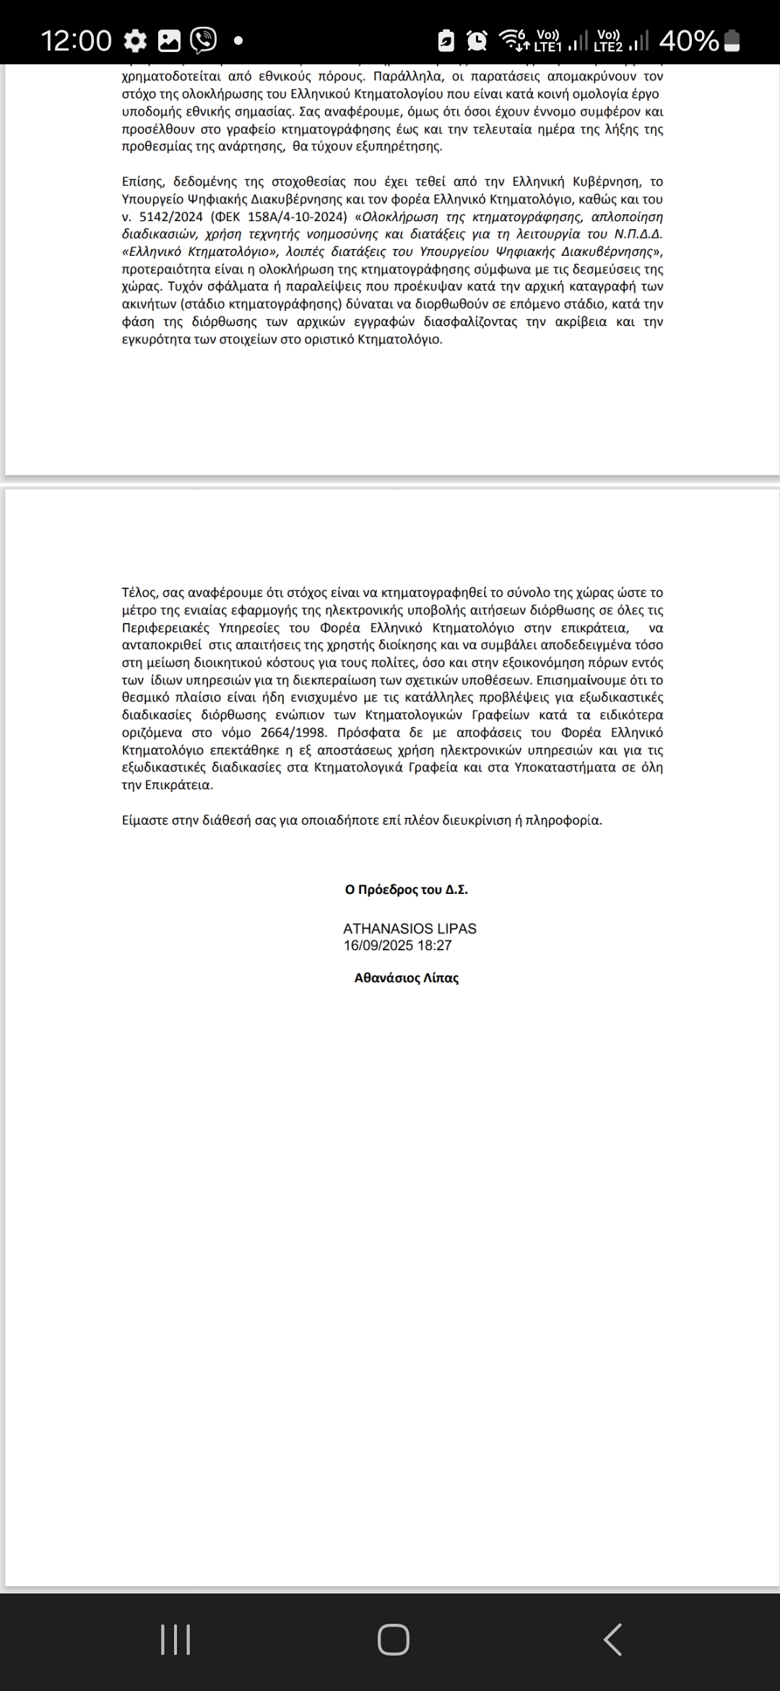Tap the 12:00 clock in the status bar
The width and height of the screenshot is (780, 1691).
pos(77,40)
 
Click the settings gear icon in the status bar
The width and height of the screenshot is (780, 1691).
pos(135,41)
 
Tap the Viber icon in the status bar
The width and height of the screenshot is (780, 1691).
pos(203,40)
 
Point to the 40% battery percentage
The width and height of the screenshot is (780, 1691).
pos(688,41)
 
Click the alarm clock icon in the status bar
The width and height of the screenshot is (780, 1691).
pos(477,41)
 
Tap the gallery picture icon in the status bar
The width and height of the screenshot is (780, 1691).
pos(169,41)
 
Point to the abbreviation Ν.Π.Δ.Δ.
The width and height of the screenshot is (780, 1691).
pos(638,234)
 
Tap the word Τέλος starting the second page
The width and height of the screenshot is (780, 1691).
pos(139,593)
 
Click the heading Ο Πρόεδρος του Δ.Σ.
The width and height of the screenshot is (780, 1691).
pos(406,890)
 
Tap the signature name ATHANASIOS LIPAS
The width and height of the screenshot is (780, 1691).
pos(409,929)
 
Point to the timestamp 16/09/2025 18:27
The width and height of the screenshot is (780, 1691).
pos(398,945)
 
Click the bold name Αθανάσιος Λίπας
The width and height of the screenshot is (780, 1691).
pos(406,978)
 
